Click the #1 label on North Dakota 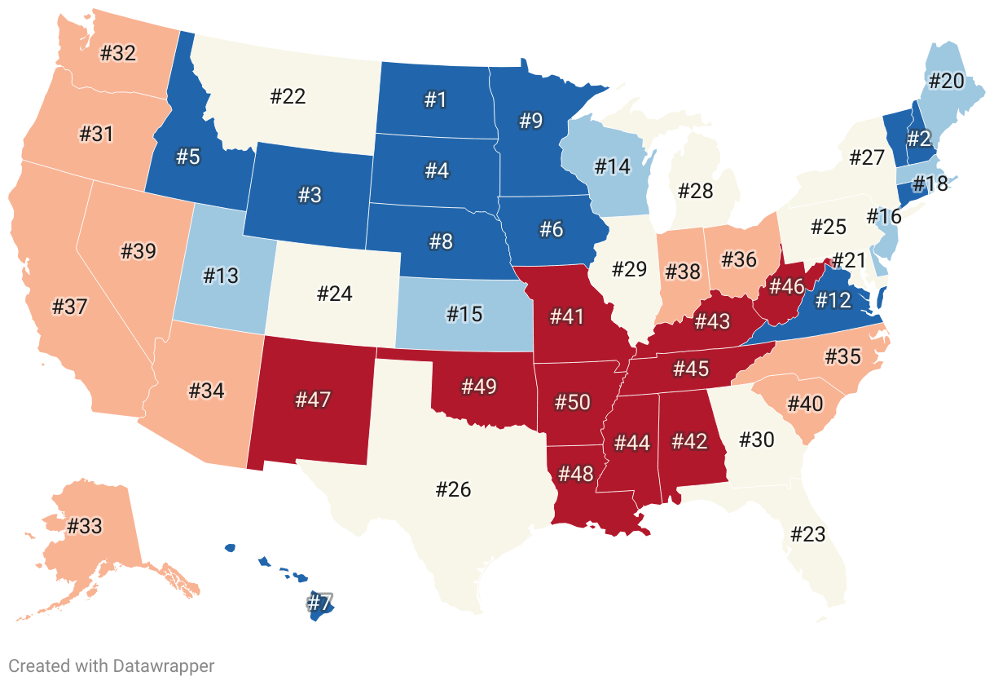[x=436, y=99]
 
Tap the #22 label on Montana [x=287, y=97]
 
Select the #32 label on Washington [x=117, y=54]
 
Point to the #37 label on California [x=69, y=307]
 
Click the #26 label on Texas [x=453, y=489]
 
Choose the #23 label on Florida [x=807, y=534]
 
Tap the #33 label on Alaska [x=85, y=526]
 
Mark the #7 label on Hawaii [x=319, y=603]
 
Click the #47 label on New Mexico [x=313, y=400]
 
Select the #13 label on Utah [x=221, y=275]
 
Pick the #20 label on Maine [x=946, y=81]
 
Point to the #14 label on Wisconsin [x=612, y=166]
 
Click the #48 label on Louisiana [x=576, y=474]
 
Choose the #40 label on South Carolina [x=805, y=403]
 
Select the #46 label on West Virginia [x=786, y=286]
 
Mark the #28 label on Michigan [x=695, y=191]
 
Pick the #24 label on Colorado [x=334, y=293]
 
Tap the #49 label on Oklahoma [x=478, y=386]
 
